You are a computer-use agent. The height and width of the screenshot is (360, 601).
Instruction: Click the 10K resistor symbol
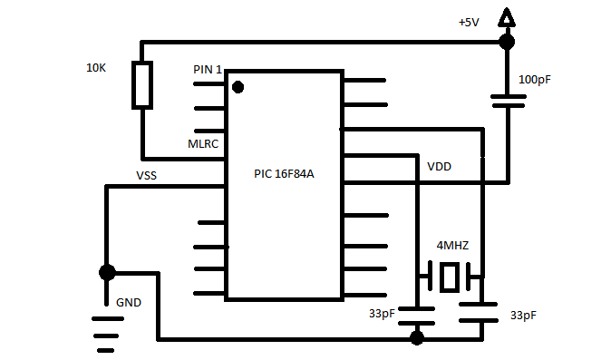[x=142, y=85]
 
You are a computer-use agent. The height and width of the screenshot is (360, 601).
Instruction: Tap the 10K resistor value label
[x=96, y=68]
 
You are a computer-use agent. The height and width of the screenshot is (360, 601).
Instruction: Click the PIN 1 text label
[x=208, y=70]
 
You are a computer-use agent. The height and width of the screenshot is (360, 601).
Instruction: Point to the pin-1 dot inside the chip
[x=238, y=87]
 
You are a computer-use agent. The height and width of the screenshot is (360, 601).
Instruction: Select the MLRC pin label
[x=203, y=144]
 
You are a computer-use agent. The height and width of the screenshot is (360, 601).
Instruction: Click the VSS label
[x=147, y=176]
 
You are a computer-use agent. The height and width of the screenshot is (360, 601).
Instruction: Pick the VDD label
[x=440, y=166]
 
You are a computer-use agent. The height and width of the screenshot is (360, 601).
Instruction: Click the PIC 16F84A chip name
[x=284, y=174]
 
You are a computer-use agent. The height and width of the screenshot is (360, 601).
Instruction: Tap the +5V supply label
[x=469, y=23]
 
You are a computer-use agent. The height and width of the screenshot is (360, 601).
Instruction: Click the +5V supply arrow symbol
[x=507, y=17]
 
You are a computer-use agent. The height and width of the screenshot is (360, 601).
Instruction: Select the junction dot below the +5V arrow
[x=507, y=42]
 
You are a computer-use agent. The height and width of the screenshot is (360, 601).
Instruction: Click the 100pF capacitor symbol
[x=509, y=102]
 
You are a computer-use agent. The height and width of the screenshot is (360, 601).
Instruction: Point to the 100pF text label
[x=534, y=80]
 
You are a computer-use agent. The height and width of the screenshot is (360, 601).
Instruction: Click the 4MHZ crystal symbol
[x=450, y=276]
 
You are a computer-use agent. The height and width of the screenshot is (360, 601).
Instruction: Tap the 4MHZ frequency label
[x=452, y=245]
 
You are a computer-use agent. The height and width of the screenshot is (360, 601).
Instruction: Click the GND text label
[x=129, y=303]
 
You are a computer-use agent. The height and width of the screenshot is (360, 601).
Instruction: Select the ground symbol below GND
[x=107, y=335]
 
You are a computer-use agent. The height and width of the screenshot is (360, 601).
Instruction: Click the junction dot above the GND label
[x=107, y=273]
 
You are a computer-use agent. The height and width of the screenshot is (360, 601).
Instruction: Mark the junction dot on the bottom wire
[x=417, y=338]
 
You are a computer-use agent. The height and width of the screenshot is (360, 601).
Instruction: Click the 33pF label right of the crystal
[x=523, y=316]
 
